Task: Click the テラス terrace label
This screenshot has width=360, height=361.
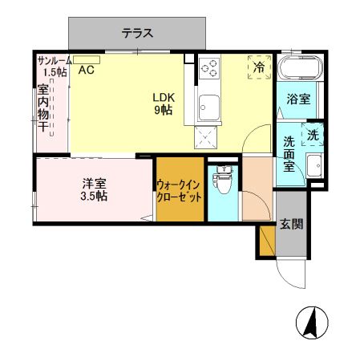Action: tap(137, 33)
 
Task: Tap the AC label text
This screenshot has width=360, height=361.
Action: tap(86, 70)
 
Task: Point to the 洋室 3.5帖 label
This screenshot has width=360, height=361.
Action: tap(94, 189)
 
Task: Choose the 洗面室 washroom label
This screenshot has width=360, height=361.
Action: tap(289, 154)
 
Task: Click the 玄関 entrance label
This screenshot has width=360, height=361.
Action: tap(291, 225)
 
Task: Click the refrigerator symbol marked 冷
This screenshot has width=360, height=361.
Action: tap(258, 67)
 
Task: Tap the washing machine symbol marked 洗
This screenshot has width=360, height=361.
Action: tap(312, 136)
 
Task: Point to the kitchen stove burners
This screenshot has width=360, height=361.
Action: tap(211, 70)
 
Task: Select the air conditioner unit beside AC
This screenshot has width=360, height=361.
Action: tap(89, 59)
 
